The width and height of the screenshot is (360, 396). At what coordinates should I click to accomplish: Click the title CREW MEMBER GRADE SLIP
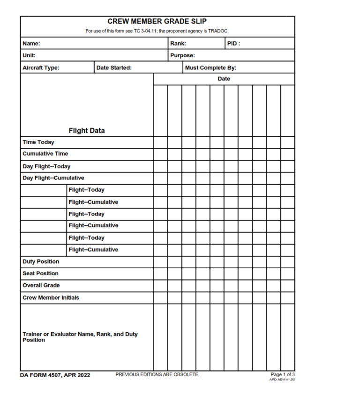[157, 22]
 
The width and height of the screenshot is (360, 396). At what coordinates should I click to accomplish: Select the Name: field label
[31, 44]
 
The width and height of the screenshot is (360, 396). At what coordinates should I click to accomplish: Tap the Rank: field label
[178, 44]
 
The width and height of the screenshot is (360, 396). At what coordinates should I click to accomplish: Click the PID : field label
[234, 44]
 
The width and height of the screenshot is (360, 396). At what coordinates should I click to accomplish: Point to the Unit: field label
[29, 55]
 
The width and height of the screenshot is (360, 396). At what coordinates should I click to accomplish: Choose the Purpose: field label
[183, 55]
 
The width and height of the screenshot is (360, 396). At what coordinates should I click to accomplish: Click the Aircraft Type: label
[41, 68]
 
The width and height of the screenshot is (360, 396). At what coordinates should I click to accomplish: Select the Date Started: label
[114, 68]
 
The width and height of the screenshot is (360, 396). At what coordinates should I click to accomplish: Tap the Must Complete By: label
[210, 68]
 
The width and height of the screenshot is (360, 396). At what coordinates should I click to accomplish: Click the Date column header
[224, 79]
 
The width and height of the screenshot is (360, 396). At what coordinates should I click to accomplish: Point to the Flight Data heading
[87, 131]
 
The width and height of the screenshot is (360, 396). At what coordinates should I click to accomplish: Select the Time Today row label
[38, 142]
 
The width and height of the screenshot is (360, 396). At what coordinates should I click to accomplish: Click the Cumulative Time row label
[45, 154]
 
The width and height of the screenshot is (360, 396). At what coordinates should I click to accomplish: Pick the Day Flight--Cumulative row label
[53, 178]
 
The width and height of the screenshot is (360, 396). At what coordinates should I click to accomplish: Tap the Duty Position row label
[41, 262]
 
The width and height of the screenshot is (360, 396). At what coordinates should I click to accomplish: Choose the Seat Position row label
[41, 273]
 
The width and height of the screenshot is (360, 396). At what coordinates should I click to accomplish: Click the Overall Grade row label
[41, 285]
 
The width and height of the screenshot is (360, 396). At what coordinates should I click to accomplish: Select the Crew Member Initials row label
[51, 298]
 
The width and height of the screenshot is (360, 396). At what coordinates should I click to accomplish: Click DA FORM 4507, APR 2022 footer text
[55, 375]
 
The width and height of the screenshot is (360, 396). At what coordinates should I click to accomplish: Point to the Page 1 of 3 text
[283, 374]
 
